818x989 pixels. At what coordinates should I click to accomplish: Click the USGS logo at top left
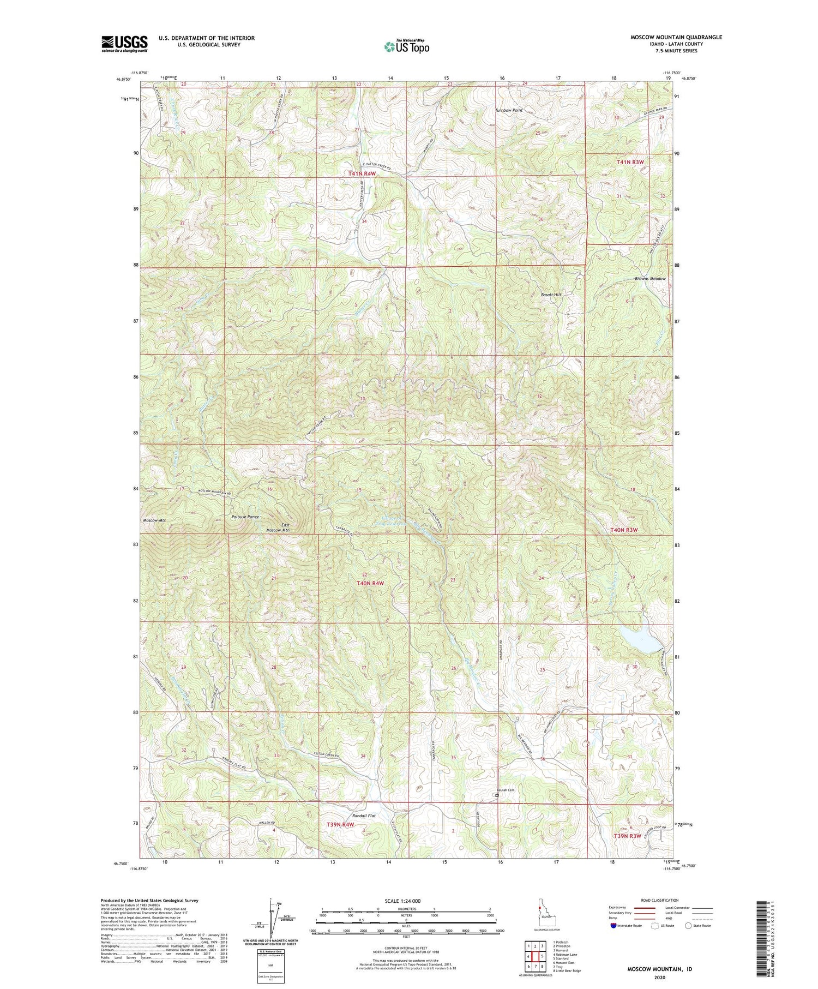pos(124,44)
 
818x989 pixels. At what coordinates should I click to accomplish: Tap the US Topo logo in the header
pos(406,47)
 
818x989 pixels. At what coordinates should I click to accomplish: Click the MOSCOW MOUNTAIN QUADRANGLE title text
pos(676,37)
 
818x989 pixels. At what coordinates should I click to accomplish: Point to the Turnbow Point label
pos(508,110)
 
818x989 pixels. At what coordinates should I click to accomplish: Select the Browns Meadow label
pos(650,279)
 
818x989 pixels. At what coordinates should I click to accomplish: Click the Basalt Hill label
pos(550,295)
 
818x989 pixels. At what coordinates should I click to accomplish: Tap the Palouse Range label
pos(245,517)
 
